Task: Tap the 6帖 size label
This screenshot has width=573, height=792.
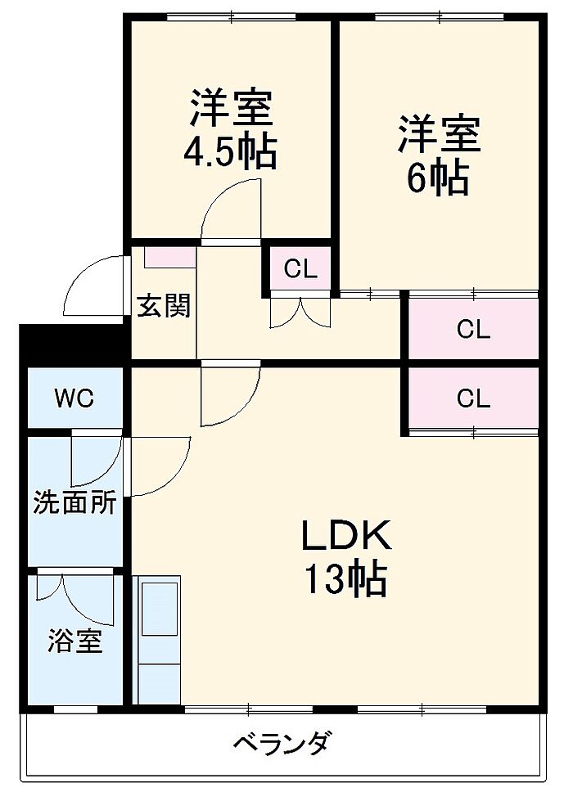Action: click(x=438, y=179)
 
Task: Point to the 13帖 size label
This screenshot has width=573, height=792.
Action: click(x=345, y=580)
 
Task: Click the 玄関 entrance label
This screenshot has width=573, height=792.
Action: click(x=164, y=306)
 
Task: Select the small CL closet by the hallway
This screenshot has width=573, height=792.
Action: click(x=300, y=268)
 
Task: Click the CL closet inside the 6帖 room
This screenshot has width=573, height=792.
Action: click(x=473, y=330)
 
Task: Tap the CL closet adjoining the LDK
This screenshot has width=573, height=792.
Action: click(x=473, y=398)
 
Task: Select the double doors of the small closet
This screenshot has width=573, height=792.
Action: click(x=300, y=312)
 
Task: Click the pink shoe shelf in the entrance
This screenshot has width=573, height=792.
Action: click(x=170, y=256)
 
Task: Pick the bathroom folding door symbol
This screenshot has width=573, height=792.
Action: click(x=74, y=596)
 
